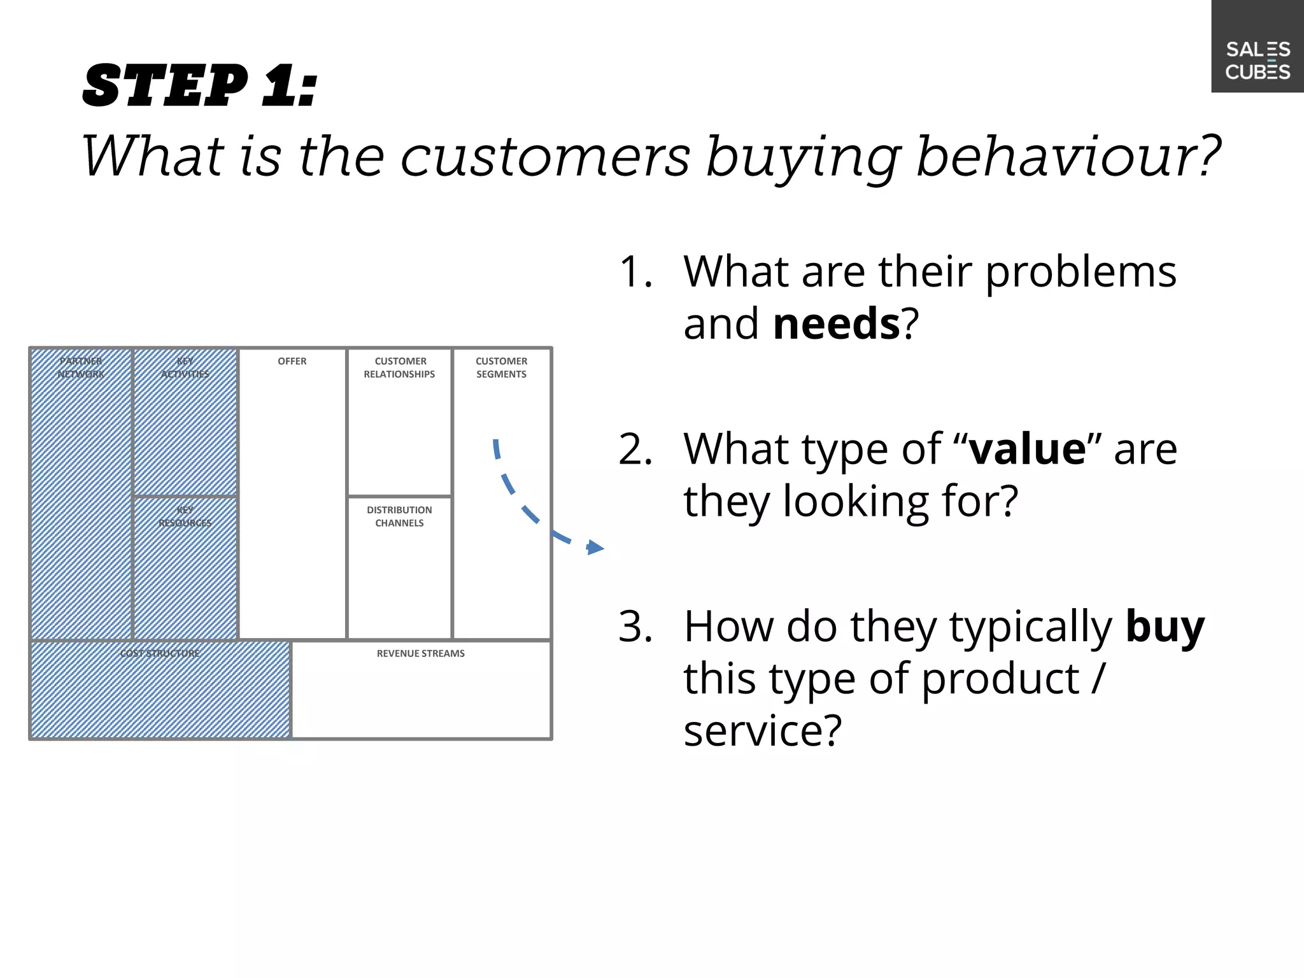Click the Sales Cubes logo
(x=1258, y=60)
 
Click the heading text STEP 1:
(x=199, y=85)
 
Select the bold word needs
(x=836, y=323)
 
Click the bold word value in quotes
(x=1027, y=450)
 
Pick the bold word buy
(x=1165, y=627)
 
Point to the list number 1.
(x=635, y=273)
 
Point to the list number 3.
(x=635, y=627)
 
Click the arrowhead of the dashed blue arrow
(x=595, y=547)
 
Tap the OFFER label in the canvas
(x=292, y=361)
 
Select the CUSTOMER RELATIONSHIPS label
(x=399, y=367)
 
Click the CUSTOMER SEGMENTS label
(x=501, y=367)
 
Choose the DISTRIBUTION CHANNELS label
(x=399, y=516)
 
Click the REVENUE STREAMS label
(x=420, y=653)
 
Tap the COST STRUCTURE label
(x=160, y=653)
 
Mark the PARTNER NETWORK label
(x=81, y=367)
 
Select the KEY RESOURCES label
(x=185, y=516)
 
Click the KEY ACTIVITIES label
(x=185, y=367)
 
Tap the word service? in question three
(x=762, y=730)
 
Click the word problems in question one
(x=1081, y=273)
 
